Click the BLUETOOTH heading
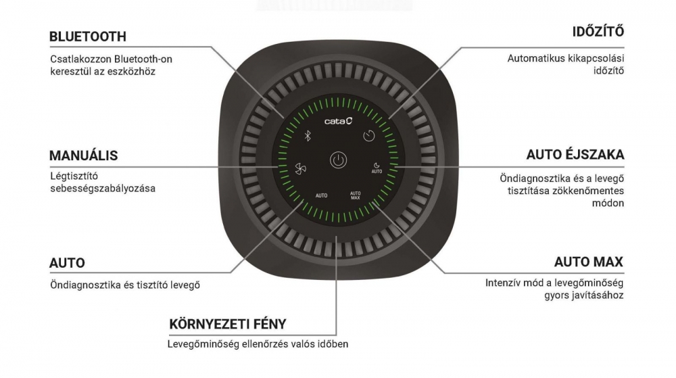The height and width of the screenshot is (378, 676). (88, 36)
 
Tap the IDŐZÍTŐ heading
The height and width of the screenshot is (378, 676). (598, 32)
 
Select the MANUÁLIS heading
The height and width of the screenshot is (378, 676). (84, 156)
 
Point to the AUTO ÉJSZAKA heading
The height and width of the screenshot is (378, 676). (575, 155)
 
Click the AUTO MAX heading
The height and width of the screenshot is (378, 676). (589, 262)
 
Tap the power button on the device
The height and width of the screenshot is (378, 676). (337, 161)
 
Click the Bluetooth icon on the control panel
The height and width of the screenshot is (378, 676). (306, 135)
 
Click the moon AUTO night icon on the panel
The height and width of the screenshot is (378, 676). (377, 168)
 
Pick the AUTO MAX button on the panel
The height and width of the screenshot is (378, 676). (356, 196)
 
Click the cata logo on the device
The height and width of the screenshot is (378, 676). (338, 122)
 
